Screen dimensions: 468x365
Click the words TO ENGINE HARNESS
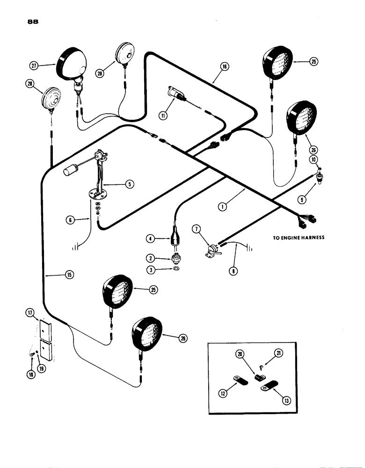pyautogui.click(x=299, y=238)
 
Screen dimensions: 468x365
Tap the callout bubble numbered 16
pyautogui.click(x=225, y=67)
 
